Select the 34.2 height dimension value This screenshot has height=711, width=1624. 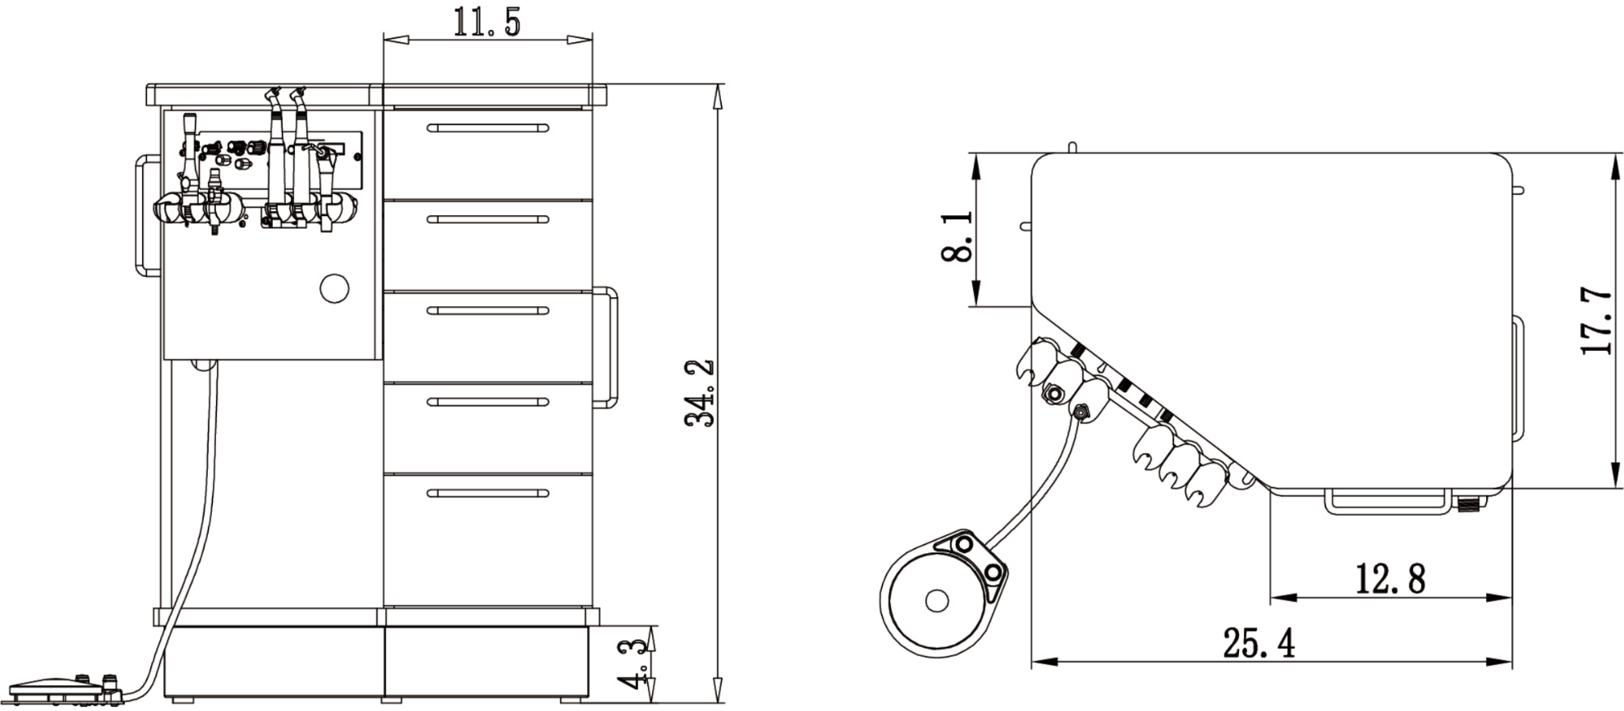pyautogui.click(x=700, y=393)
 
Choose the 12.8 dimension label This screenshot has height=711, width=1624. pyautogui.click(x=1390, y=579)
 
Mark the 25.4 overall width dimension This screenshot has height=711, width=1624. pyautogui.click(x=1259, y=644)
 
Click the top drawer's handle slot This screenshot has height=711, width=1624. pyautogui.click(x=487, y=128)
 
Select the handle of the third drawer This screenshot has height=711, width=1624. pyautogui.click(x=487, y=311)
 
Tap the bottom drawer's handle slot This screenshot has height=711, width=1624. pyautogui.click(x=487, y=493)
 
